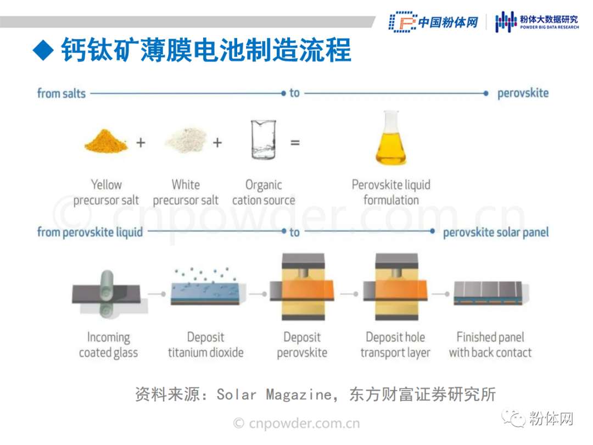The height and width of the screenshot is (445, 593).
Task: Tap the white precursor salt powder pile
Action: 186,140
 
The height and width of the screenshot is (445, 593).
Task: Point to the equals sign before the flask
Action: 295,143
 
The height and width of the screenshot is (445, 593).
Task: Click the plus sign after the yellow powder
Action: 141,143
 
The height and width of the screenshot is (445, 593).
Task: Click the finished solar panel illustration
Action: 491,293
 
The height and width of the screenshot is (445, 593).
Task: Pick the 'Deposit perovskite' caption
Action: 302,344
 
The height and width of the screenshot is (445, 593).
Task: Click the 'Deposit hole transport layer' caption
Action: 395,344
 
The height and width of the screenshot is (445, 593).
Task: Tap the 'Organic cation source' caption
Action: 264,193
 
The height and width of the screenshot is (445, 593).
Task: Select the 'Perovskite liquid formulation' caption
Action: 391,192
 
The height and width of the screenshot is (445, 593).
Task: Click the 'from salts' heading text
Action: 61,93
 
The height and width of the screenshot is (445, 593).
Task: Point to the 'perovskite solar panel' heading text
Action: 496,232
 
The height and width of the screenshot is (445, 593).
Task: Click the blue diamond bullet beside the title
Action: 43,50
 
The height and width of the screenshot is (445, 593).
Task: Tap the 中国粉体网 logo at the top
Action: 434,22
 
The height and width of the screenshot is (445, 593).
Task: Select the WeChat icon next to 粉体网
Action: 513,418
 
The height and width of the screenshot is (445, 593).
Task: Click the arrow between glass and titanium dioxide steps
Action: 156,294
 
